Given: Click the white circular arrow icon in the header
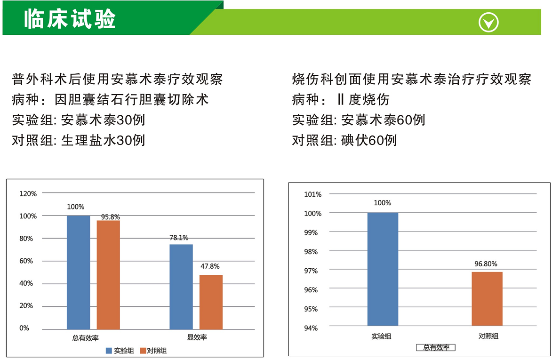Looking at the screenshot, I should pyautogui.click(x=488, y=22).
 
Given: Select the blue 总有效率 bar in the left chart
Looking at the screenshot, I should pyautogui.click(x=78, y=272).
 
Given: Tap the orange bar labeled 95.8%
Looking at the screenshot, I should pyautogui.click(x=108, y=275).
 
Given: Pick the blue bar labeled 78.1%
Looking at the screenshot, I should pyautogui.click(x=181, y=287).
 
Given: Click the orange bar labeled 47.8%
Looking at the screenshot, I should pyautogui.click(x=211, y=302).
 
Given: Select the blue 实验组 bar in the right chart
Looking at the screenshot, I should pyautogui.click(x=383, y=269).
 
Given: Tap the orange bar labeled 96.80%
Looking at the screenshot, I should pyautogui.click(x=487, y=298).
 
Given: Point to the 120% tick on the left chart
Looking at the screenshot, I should pyautogui.click(x=28, y=193).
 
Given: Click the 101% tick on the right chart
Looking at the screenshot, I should pyautogui.click(x=313, y=194).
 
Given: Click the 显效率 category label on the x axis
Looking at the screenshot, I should pyautogui.click(x=197, y=337).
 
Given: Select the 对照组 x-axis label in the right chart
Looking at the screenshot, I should pyautogui.click(x=488, y=336).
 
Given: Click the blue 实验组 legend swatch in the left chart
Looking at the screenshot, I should pyautogui.click(x=109, y=351).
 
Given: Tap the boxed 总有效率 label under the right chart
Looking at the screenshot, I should pyautogui.click(x=436, y=348).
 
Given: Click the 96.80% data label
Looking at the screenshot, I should pyautogui.click(x=486, y=264).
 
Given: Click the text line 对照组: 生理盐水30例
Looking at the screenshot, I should pyautogui.click(x=79, y=140).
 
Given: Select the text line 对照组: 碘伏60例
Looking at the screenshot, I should pyautogui.click(x=344, y=140).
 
